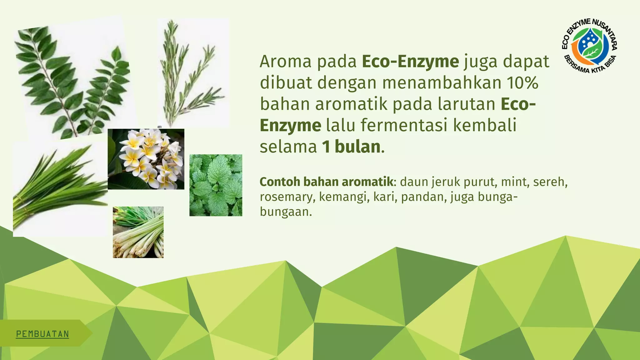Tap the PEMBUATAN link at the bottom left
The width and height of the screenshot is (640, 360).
(42, 334)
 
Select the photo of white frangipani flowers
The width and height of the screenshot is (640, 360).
(146, 159)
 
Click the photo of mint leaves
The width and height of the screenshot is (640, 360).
(216, 185)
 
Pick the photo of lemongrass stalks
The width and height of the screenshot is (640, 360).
(138, 232)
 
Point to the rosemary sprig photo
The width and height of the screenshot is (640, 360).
(193, 72)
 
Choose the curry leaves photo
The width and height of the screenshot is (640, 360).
(72, 81)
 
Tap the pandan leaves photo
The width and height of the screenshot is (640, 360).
(59, 187)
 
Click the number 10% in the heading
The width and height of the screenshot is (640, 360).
(522, 83)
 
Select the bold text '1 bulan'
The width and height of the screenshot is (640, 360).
(351, 147)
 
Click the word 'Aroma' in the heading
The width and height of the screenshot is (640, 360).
(286, 62)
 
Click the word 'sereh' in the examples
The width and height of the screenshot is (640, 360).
(550, 182)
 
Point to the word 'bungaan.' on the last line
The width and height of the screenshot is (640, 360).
(286, 212)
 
